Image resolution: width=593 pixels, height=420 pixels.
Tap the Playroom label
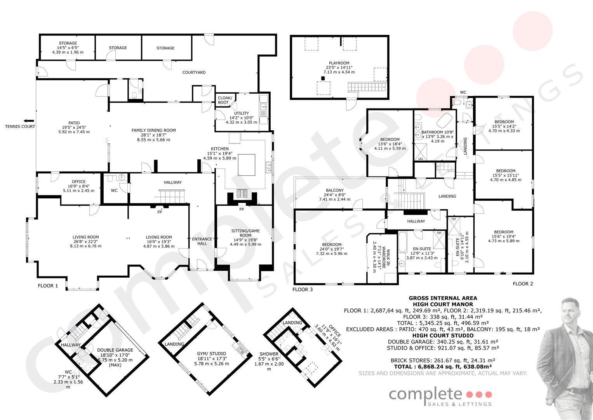point(339,68)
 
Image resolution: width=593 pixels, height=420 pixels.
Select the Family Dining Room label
point(153,135)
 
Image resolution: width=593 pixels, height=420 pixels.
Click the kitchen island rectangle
point(247,165)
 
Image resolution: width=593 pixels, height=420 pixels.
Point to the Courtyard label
point(194,72)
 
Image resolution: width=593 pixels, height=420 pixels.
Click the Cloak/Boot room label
point(225,100)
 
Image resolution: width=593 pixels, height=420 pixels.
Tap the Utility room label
point(242,118)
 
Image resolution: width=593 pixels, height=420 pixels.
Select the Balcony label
point(335,195)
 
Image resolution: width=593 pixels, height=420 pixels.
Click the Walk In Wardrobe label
point(381,257)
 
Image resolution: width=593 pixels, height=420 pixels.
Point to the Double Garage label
point(115,357)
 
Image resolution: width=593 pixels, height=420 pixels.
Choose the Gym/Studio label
point(212,359)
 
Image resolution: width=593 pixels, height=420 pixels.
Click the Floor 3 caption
point(302,290)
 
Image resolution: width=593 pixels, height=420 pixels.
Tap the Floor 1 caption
point(48,285)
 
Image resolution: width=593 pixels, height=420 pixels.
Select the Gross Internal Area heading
point(443,298)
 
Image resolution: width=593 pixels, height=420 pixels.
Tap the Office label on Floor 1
point(78,186)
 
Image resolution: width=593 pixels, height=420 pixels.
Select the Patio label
point(74,127)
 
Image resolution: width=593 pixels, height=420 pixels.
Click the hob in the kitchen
point(242,193)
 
